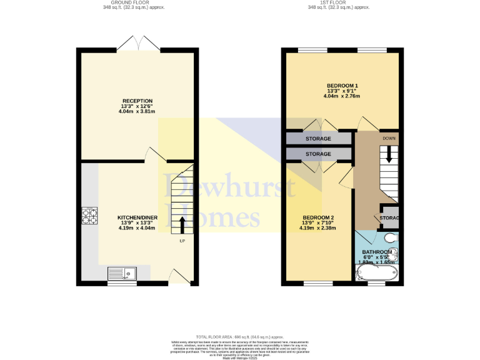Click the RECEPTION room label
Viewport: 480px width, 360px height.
pyautogui.click(x=137, y=101)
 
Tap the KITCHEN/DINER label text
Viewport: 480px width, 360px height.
pyautogui.click(x=137, y=217)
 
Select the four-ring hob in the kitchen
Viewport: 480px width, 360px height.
pyautogui.click(x=88, y=215)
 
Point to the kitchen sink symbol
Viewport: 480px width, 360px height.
pyautogui.click(x=122, y=272)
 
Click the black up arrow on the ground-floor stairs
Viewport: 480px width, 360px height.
pyautogui.click(x=182, y=224)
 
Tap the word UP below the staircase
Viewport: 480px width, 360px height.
pyautogui.click(x=182, y=241)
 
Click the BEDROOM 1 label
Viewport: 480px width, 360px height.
pyautogui.click(x=342, y=85)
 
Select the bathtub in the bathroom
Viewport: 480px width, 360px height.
pyautogui.click(x=376, y=273)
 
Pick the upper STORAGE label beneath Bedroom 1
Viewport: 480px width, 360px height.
pyautogui.click(x=318, y=138)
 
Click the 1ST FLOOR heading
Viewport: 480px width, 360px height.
pyautogui.click(x=339, y=2)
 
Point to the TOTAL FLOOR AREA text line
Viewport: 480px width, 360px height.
pyautogui.click(x=241, y=337)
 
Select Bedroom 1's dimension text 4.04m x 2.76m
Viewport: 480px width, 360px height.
pyautogui.click(x=342, y=96)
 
